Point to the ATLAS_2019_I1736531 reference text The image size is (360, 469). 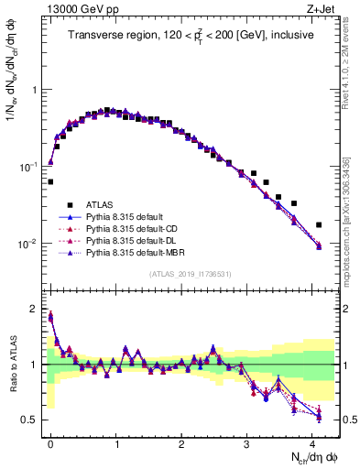click(x=190, y=274)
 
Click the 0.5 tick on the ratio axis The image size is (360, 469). click(x=30, y=420)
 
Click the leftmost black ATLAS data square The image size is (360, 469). click(x=50, y=181)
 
